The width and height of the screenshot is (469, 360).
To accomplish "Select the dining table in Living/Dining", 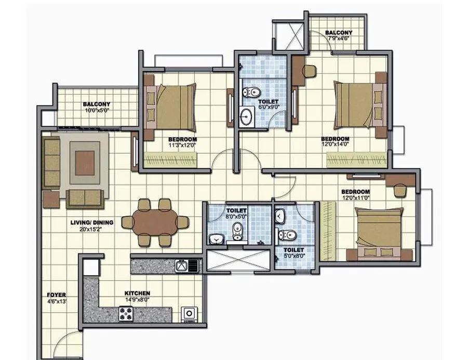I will (155, 222).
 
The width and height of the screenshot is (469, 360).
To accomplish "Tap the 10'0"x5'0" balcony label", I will (97, 110).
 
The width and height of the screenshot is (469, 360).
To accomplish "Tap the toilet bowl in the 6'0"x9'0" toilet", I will (248, 92).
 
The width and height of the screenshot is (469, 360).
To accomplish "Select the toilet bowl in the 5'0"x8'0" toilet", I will (288, 234).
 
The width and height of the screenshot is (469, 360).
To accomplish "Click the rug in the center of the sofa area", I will (83, 163).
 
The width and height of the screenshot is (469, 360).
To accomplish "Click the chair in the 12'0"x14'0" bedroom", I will (309, 71).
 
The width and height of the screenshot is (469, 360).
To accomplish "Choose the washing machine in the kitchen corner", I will (188, 314).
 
